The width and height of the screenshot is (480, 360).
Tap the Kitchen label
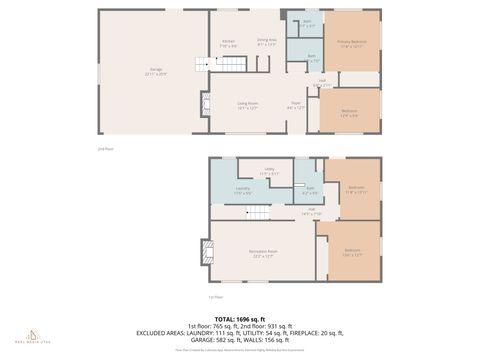click(228, 43)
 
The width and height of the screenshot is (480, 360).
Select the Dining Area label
click(267, 41)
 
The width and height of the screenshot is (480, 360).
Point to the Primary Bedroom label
click(352, 43)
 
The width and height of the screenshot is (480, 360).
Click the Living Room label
click(248, 105)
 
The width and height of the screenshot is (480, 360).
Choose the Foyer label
click(296, 105)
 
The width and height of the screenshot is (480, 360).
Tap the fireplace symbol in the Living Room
click(206, 105)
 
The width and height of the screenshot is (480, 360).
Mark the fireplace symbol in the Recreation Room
click(206, 250)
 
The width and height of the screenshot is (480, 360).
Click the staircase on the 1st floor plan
click(258, 213)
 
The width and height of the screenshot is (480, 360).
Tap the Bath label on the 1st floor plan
click(311, 189)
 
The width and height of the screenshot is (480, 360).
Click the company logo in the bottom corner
click(33, 334)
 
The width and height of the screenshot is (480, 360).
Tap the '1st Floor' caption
click(213, 297)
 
